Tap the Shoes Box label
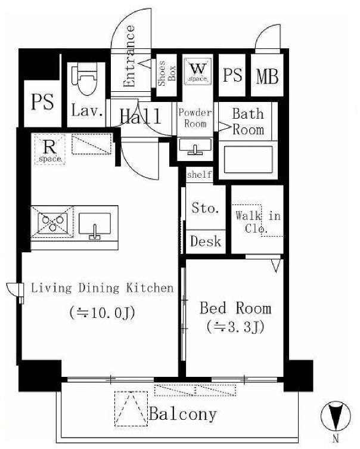[x=167, y=73]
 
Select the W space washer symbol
[x=198, y=72]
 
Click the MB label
[x=267, y=76]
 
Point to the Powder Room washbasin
[x=195, y=146]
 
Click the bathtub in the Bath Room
[x=248, y=159]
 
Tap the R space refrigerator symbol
[x=50, y=150]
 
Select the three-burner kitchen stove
[x=52, y=222]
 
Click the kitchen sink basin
[x=94, y=225]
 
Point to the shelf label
[x=200, y=174]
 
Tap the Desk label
[x=206, y=241]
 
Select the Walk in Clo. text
[x=258, y=221]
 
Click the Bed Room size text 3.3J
[x=235, y=327]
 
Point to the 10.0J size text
[x=102, y=312]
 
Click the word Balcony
[x=183, y=414]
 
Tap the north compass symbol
[x=336, y=416]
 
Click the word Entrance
[x=129, y=56]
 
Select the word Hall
[x=140, y=116]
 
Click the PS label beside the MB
[x=232, y=75]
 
